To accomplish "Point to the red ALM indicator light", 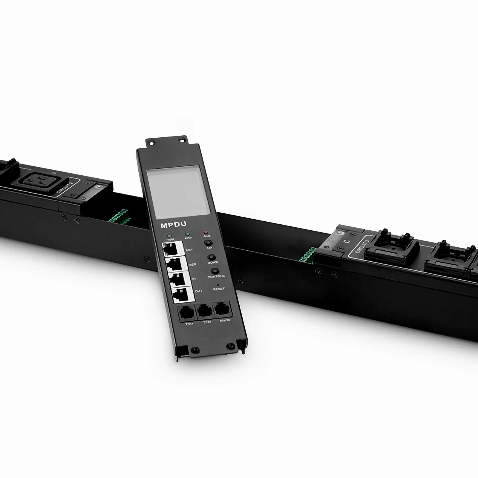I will pos(205,232).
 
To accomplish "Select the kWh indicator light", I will pos(187,234).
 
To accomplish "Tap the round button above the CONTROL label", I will pos(214,271).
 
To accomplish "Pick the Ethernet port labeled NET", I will pos(172,249).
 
